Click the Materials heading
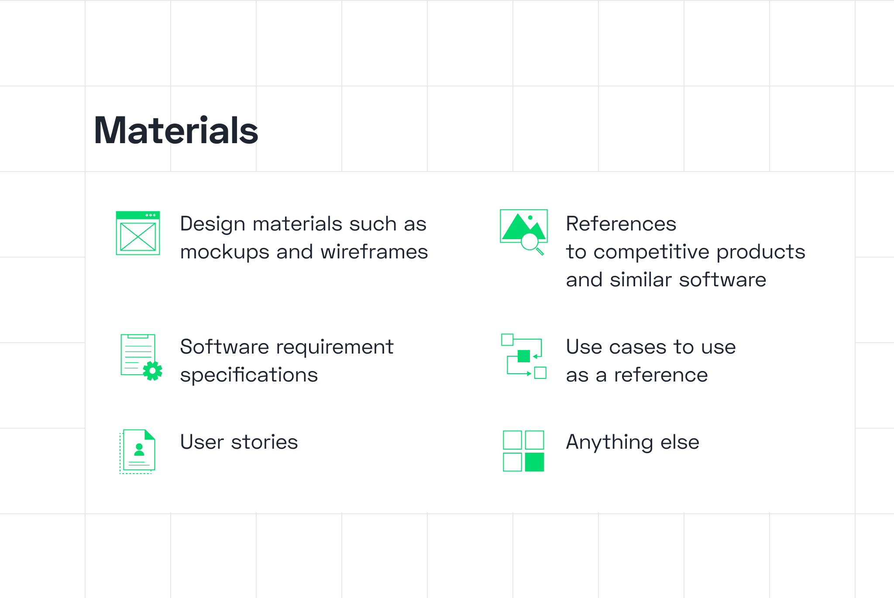[176, 131]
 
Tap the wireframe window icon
[138, 233]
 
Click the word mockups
[225, 253]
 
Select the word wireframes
[374, 252]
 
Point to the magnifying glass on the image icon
[531, 243]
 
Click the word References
[621, 224]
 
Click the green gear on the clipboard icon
[152, 371]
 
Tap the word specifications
[249, 375]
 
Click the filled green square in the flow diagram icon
[523, 356]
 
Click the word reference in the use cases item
[661, 375]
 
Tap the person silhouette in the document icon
[139, 450]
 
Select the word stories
[265, 442]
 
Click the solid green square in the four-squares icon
[534, 462]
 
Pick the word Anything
[609, 443]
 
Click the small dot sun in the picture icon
[530, 217]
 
